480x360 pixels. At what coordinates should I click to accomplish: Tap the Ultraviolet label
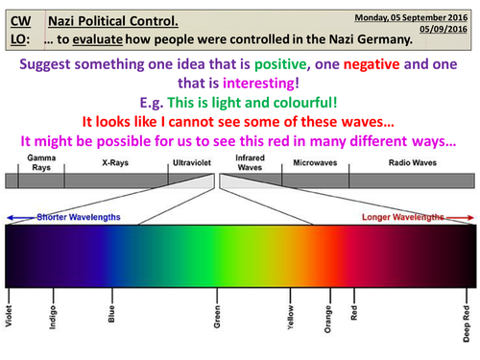(186, 163)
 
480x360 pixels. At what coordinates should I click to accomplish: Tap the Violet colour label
(9, 343)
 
